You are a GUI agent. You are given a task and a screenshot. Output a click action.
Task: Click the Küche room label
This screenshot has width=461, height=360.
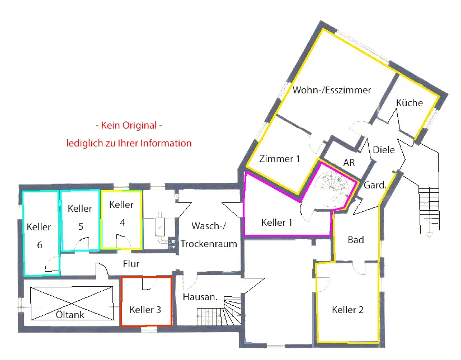pos(410,103)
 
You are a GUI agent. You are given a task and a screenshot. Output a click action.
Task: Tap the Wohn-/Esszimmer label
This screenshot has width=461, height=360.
pos(332,90)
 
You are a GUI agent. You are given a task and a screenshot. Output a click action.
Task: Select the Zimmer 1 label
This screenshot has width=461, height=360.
pos(279,159)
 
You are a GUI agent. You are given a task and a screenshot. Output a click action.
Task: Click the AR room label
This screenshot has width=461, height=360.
pos(349,163)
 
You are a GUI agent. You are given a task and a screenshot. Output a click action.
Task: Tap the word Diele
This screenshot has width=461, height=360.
pos(384,150)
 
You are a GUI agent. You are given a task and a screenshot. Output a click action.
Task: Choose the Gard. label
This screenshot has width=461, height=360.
pos(375,185)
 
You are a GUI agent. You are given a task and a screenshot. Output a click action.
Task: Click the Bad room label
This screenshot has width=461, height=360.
pos(356,240)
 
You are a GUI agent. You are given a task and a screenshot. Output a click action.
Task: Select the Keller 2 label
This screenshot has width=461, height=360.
pos(347,310)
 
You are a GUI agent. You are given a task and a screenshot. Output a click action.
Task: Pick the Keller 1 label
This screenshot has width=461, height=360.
pos(277,222)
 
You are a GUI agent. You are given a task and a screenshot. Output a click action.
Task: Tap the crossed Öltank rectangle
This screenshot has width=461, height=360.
pos(72,304)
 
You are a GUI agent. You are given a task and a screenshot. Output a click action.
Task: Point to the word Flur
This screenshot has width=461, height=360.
pos(131,264)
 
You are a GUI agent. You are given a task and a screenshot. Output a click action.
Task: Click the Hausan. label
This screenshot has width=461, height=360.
pos(200,297)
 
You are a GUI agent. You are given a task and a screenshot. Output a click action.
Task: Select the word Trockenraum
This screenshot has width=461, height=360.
pos(209,244)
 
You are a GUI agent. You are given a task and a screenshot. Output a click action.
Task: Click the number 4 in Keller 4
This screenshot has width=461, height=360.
pos(123,222)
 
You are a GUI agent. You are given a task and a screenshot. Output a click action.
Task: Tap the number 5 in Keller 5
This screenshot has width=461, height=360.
pos(81,226)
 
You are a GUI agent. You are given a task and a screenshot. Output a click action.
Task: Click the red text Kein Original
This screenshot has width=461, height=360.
pos(129,125)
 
